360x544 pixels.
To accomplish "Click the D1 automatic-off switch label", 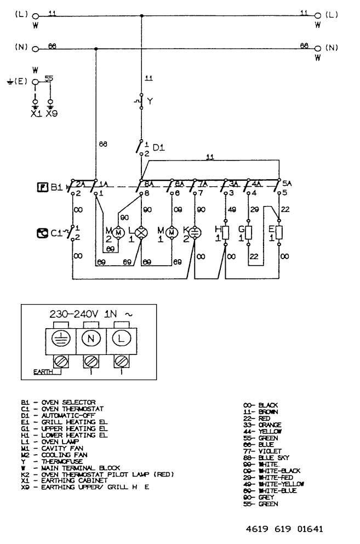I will tap(158, 147).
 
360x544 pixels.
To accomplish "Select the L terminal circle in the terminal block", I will tap(121, 338).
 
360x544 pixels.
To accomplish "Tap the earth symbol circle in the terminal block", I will tap(59, 338).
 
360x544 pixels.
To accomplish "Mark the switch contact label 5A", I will tap(285, 184).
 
